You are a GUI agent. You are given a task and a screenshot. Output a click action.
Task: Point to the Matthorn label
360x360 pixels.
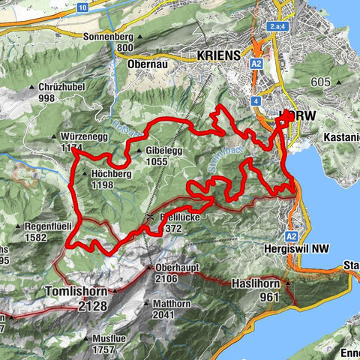pyautogui.click(x=175, y=304)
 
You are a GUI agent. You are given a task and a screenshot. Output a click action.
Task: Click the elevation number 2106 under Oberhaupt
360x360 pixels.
pyautogui.click(x=165, y=279)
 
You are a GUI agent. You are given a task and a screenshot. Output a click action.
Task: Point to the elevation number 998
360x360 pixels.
pyautogui.click(x=47, y=98)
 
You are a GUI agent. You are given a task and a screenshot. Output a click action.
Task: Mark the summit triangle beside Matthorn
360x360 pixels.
pyautogui.click(x=148, y=305)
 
